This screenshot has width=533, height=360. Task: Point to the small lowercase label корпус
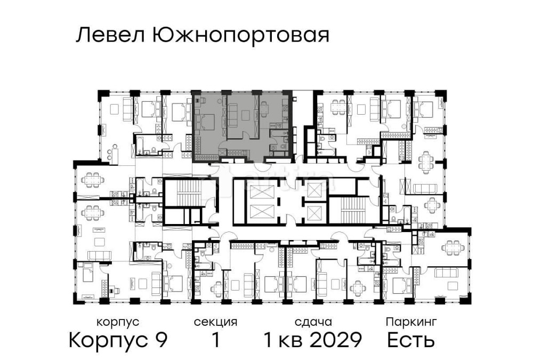118,322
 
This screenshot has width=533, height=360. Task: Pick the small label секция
215,322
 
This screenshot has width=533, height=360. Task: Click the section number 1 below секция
216,340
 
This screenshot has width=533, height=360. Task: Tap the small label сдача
313,322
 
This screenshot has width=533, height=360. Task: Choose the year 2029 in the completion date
337,340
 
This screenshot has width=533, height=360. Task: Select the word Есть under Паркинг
411,340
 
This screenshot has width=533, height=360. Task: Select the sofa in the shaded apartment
234,115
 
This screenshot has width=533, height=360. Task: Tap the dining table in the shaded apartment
264,110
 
